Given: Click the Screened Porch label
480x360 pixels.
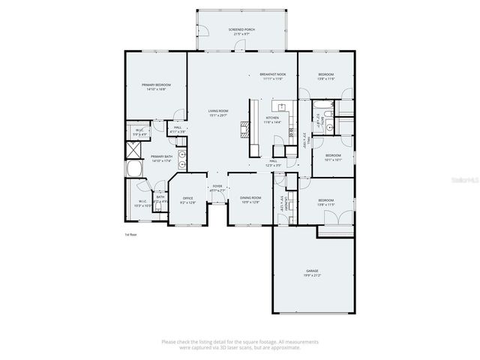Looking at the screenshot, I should coord(241,29).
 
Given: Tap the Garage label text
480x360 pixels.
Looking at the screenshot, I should coord(312,270).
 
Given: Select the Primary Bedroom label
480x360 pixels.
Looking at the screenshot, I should coord(156,85).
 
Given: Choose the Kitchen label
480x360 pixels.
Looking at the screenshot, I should coord(272,118).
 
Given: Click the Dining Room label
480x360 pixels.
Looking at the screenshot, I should coord(250,198).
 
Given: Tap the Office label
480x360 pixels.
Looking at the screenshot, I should coord(187,198).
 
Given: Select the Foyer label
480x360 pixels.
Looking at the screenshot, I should coord(217,186).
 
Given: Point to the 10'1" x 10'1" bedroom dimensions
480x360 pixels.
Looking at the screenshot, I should coord(333,160).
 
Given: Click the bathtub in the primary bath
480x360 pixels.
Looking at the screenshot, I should coord(133,169).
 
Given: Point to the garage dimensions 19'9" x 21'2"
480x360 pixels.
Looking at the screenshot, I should coord(312,274).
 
